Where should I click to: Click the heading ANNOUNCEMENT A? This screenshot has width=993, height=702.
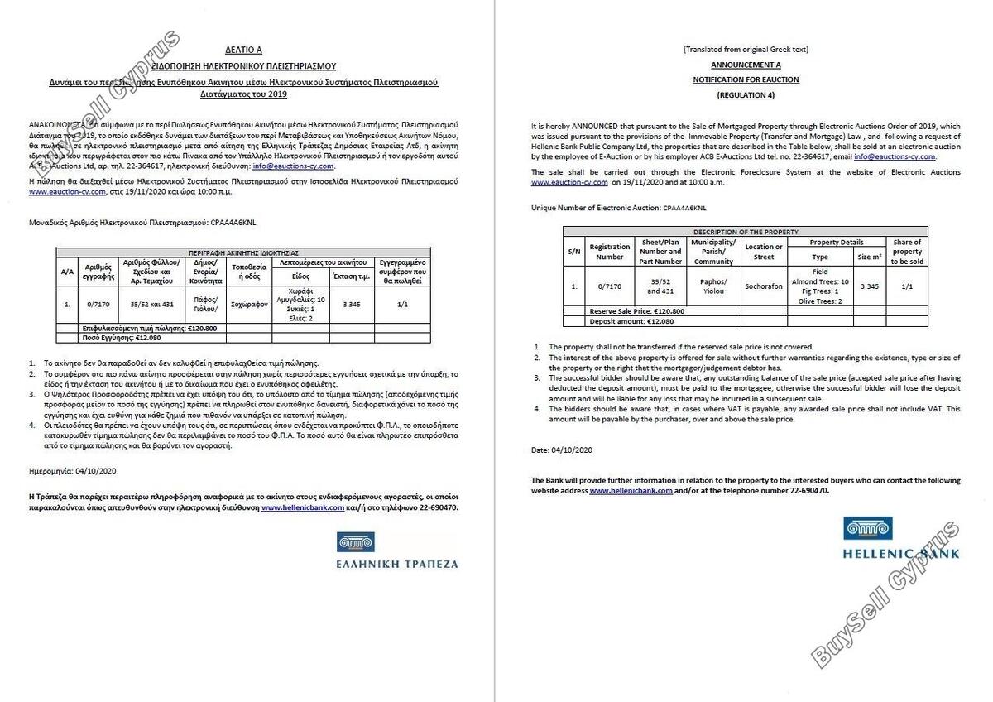point(746,65)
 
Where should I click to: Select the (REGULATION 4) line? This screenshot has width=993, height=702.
point(746,95)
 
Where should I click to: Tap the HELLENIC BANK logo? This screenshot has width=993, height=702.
point(900,538)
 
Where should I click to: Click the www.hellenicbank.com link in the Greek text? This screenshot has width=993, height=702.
point(303,508)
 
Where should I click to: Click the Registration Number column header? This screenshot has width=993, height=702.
point(610,251)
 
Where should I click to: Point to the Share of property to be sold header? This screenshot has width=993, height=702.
point(907,252)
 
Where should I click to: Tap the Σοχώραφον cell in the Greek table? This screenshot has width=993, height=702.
point(249,304)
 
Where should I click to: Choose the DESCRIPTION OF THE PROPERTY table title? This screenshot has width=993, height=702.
point(745,231)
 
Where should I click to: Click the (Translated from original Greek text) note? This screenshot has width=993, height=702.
point(746,50)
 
